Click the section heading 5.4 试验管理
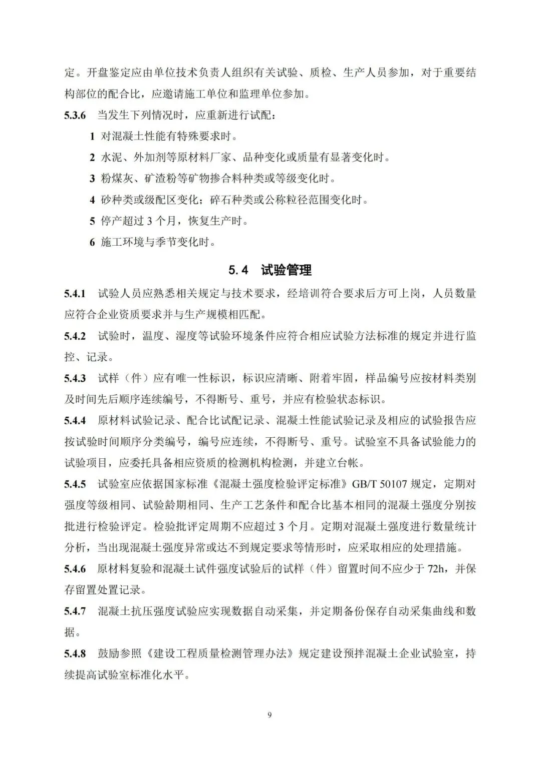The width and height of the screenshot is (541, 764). coord(270,270)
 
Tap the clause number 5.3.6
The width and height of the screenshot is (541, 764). coord(75,116)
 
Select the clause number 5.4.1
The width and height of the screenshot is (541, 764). coord(75,294)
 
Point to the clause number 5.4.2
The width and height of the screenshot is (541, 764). coord(75,336)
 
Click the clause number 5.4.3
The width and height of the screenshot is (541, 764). coord(75,378)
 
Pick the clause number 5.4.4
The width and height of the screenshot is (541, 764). coord(75,421)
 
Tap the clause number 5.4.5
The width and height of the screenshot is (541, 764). coord(75,484)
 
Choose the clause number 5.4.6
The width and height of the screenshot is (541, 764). coord(75,569)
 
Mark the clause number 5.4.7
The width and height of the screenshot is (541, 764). coord(75,611)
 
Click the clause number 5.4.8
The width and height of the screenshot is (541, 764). coord(75,653)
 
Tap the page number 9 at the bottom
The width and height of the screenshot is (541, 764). coord(270,715)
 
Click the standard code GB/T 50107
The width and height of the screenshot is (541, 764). coord(381,484)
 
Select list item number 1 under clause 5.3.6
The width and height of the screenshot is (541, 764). coord(92,137)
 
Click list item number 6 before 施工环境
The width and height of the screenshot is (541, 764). coord(92,243)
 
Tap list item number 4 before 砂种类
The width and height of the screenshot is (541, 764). coord(92,200)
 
